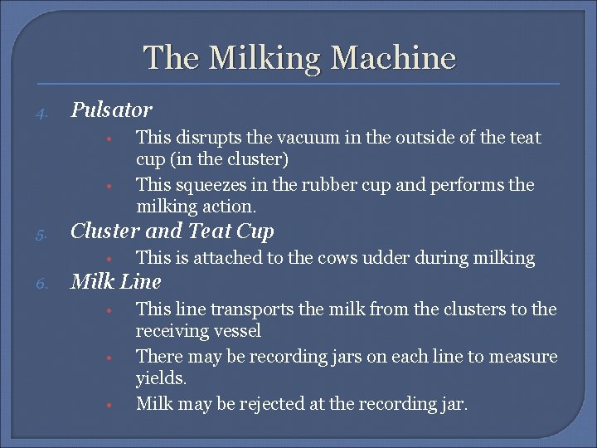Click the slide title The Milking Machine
(299, 58)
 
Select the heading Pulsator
(112, 110)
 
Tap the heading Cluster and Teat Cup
(172, 231)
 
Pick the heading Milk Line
(116, 281)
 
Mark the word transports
(253, 309)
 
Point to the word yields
(161, 379)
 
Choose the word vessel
(237, 331)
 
